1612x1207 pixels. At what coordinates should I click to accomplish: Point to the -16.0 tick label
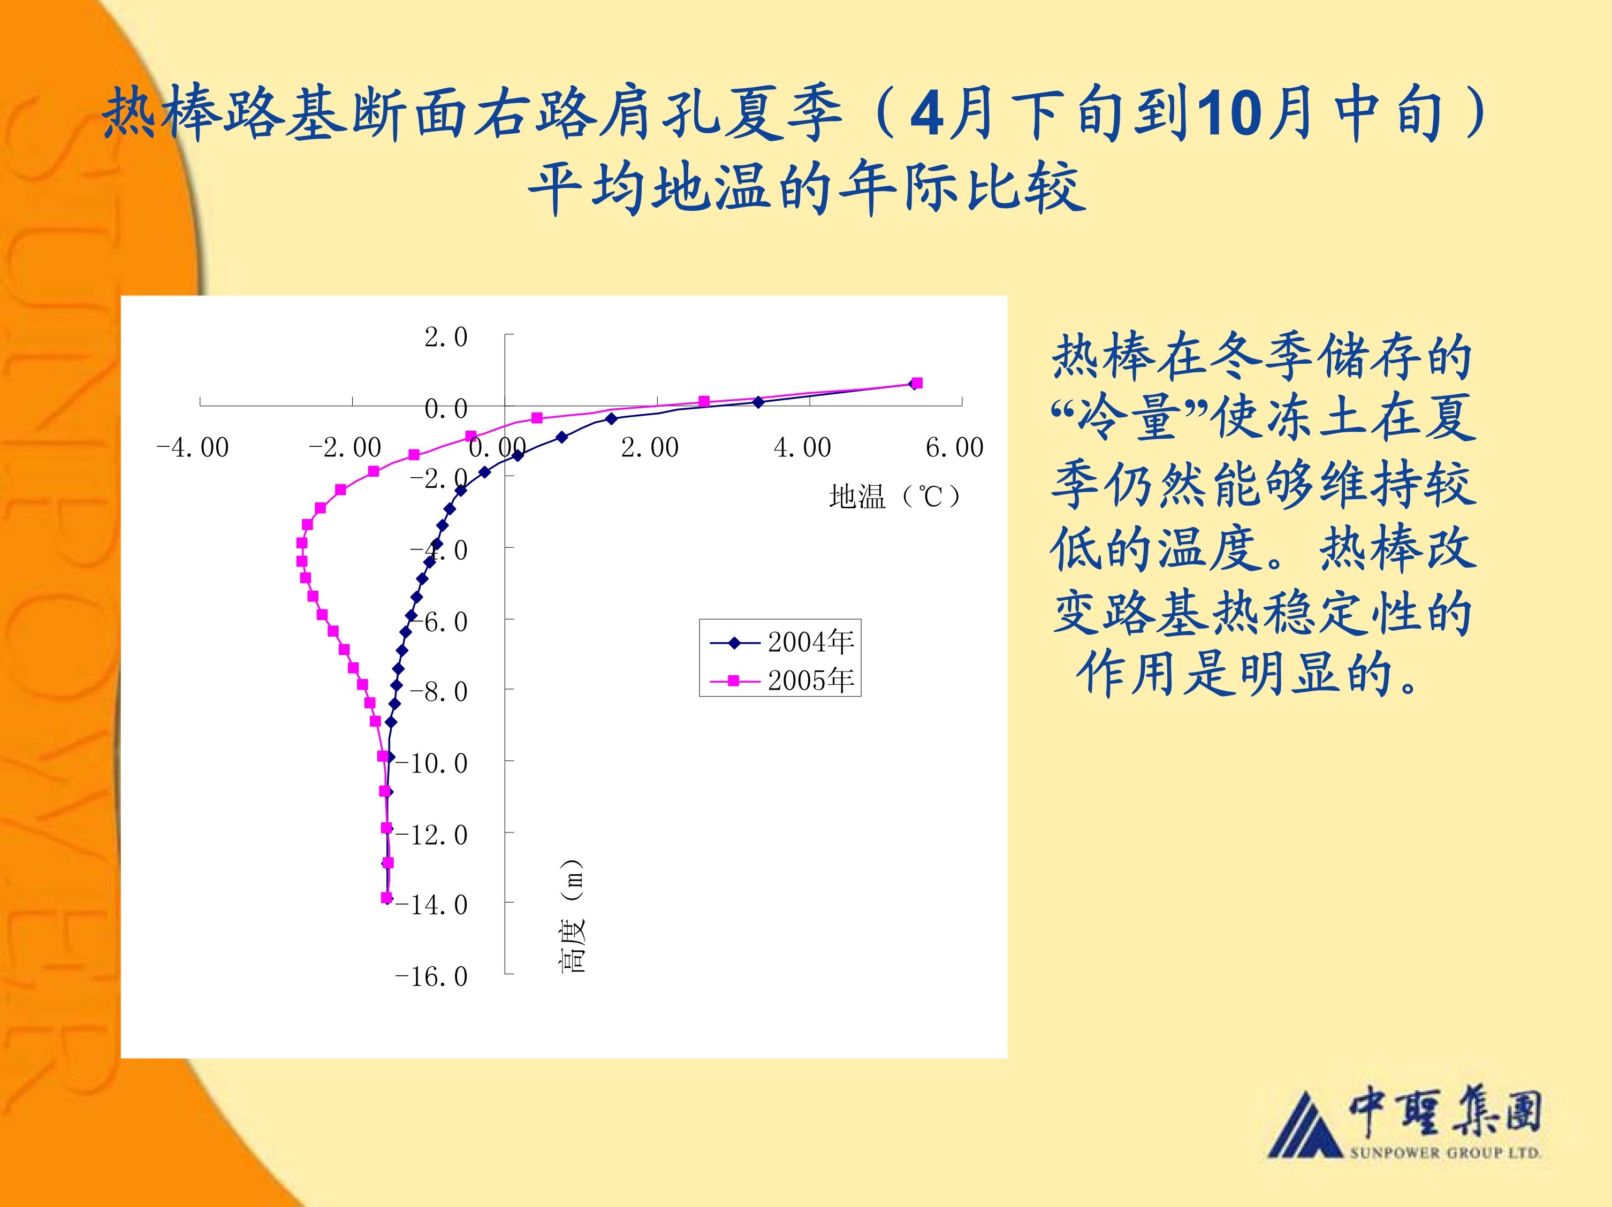click(x=431, y=976)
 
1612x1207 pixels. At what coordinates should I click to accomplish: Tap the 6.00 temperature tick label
click(x=955, y=447)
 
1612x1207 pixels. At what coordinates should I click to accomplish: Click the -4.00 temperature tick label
click(x=192, y=447)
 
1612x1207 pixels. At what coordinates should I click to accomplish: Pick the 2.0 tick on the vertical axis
click(x=446, y=337)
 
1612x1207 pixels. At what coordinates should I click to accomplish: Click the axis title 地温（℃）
click(x=895, y=497)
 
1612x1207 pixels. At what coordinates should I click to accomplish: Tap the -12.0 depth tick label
click(x=431, y=834)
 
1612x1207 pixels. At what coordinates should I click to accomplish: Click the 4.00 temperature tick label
click(x=802, y=447)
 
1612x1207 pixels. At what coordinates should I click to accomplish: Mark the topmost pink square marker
click(x=917, y=383)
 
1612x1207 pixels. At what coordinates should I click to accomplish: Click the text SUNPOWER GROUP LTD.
click(x=1445, y=1152)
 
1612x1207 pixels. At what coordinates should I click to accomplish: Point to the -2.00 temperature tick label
click(x=345, y=447)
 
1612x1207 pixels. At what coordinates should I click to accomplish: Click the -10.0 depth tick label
click(x=431, y=762)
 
